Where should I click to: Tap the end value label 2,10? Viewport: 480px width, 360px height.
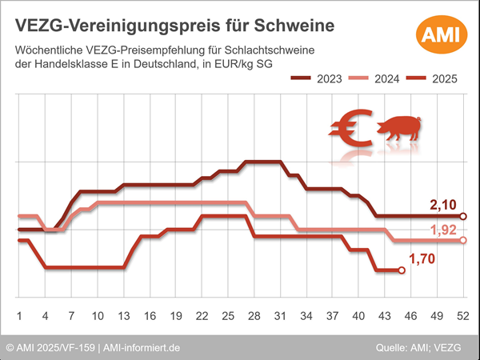point(443,206)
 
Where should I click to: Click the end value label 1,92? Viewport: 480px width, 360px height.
point(443,230)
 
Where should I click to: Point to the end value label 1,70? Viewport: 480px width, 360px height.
point(423,258)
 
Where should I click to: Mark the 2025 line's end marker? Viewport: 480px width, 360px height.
point(402,270)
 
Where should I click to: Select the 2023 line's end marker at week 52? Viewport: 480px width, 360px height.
point(463,216)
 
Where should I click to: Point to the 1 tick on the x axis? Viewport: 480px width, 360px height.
point(18,314)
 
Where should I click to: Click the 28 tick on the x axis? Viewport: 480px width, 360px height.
point(254,314)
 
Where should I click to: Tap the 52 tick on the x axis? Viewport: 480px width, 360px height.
point(462,314)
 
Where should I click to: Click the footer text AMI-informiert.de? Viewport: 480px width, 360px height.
point(141,348)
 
